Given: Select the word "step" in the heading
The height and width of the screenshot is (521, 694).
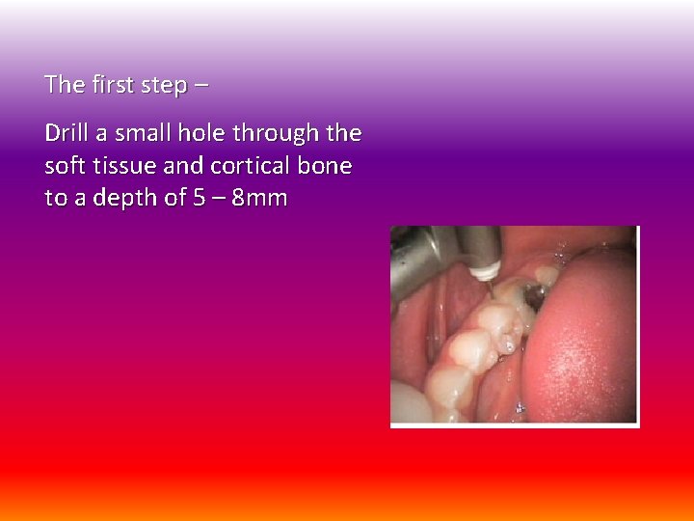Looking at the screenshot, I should click(164, 86).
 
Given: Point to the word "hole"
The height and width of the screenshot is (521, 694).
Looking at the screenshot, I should click(209, 132).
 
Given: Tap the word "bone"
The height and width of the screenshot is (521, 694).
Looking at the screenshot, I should click(324, 166).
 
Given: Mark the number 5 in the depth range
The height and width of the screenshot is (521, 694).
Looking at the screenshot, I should click(200, 199).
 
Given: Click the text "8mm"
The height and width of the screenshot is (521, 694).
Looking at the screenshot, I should click(259, 199).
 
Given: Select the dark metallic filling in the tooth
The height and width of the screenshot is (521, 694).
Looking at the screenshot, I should click(528, 297).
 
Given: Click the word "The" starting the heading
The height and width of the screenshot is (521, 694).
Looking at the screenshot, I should click(65, 85).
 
